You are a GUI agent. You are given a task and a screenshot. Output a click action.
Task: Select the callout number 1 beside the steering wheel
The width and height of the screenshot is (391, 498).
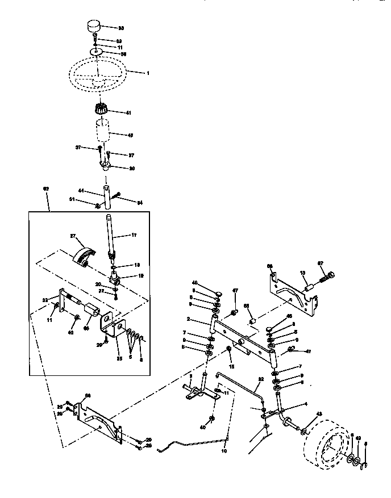click(148, 72)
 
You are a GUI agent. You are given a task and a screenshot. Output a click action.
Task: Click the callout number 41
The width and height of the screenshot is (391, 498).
click(128, 113)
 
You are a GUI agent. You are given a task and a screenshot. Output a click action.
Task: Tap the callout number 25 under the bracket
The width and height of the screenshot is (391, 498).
click(118, 359)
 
